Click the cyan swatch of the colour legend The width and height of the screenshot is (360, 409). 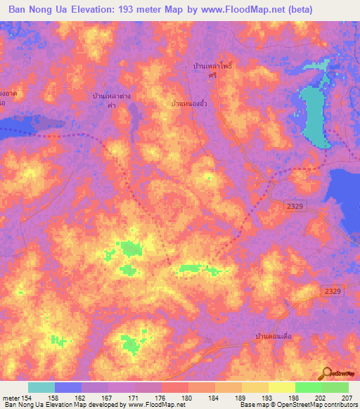point(41,387)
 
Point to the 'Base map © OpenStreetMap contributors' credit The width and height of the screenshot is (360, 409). point(297,405)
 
